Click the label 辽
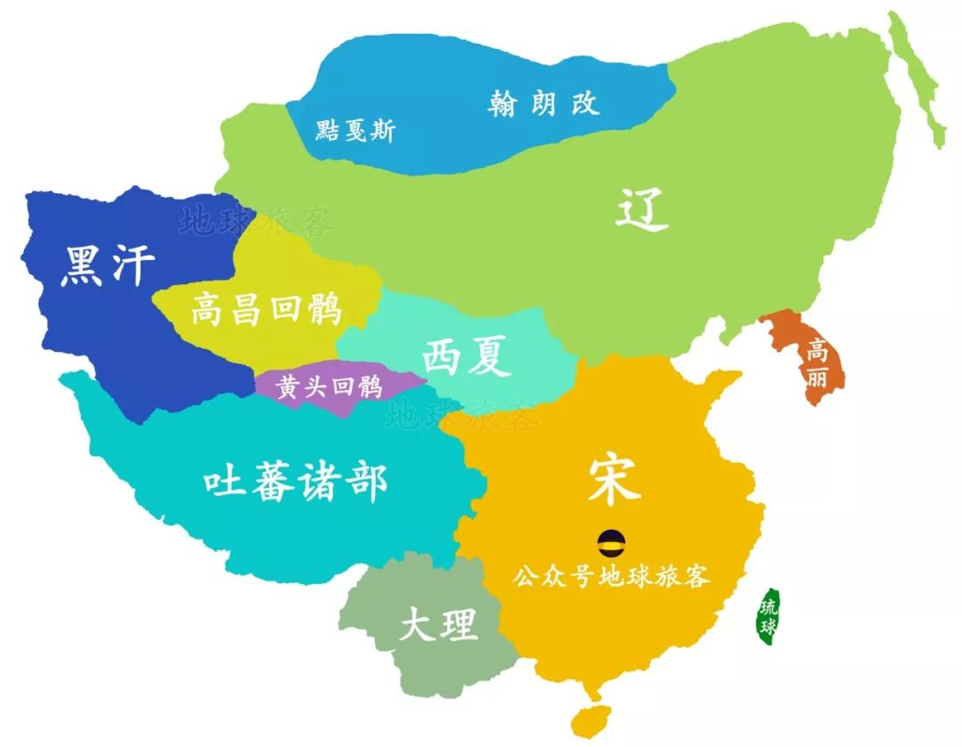[641, 212]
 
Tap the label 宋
[614, 481]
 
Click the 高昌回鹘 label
[266, 311]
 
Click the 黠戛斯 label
[355, 132]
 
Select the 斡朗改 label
[543, 103]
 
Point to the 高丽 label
[816, 364]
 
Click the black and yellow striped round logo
[611, 540]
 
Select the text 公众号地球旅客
[611, 576]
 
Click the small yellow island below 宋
[589, 719]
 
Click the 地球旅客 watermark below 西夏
[463, 413]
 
